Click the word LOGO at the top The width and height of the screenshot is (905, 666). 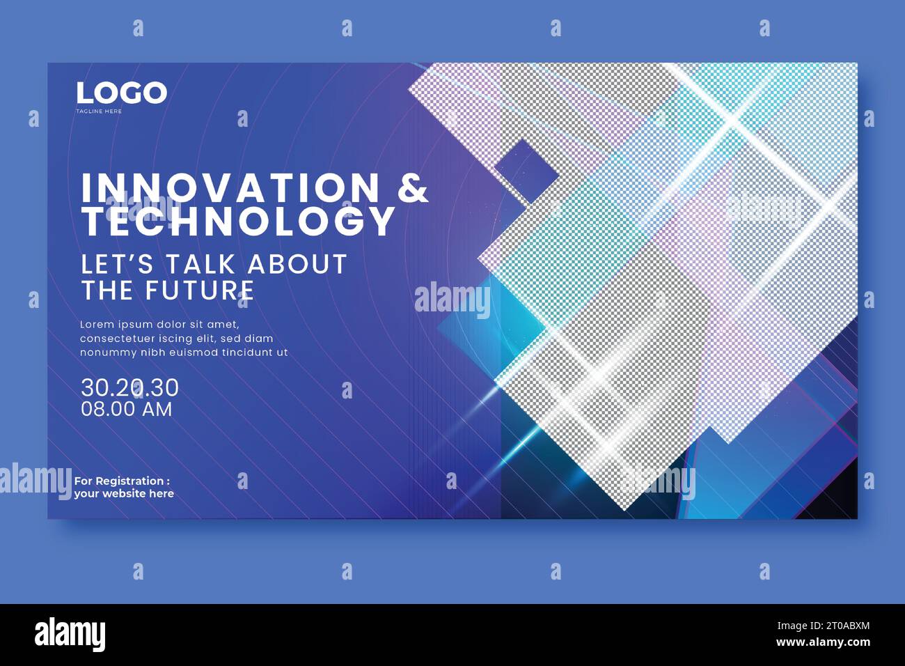click(x=121, y=93)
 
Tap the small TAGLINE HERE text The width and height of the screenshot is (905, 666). click(x=99, y=111)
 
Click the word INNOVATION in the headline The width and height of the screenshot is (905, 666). click(x=230, y=188)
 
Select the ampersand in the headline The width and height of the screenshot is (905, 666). click(x=413, y=188)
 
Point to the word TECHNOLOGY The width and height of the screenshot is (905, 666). click(x=239, y=221)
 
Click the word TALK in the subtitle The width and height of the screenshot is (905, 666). click(x=201, y=265)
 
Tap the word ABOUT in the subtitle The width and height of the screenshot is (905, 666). click(x=297, y=265)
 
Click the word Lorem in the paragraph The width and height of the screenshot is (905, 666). click(x=95, y=325)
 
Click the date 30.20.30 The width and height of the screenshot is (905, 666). click(x=129, y=387)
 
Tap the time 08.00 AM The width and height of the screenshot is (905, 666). click(x=126, y=409)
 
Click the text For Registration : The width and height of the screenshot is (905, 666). click(x=122, y=481)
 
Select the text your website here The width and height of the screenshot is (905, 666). click(x=124, y=494)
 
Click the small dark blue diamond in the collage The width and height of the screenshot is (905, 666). click(x=526, y=170)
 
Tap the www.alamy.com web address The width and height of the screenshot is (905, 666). click(x=823, y=642)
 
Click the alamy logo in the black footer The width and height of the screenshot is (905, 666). click(x=70, y=634)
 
